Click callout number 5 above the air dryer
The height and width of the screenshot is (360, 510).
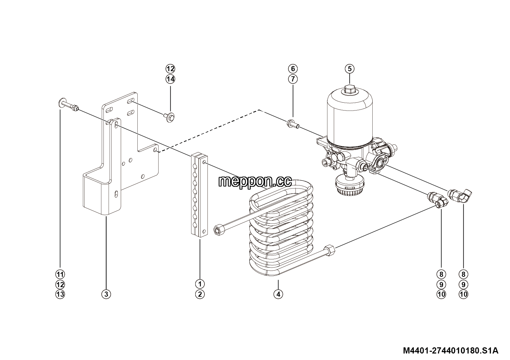349,68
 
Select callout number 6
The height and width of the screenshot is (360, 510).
293,68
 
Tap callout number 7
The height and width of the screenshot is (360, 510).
293,79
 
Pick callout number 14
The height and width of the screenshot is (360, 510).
170,79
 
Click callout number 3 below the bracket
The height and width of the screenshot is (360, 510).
106,294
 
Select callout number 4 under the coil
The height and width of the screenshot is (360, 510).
278,294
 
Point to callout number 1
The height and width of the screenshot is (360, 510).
200,284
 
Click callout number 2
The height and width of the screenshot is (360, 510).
200,294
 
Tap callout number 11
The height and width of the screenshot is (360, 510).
60,274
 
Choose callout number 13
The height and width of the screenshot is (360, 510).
60,294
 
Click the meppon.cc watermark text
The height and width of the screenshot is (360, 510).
255,181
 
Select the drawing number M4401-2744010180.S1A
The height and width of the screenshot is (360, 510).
451,350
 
